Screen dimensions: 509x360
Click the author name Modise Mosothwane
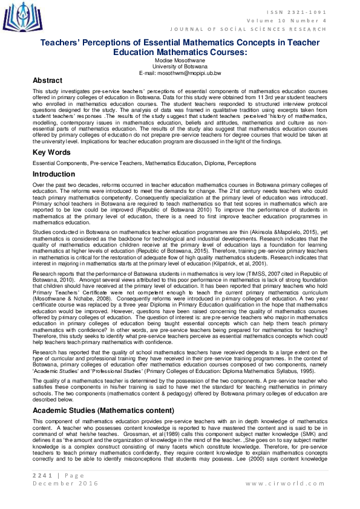tap(180, 61)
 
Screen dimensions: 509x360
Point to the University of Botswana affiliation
tap(180, 66)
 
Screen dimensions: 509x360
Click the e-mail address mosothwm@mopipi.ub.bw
tap(180, 73)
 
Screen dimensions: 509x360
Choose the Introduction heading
tap(54, 174)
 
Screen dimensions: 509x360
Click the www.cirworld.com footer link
tap(286, 484)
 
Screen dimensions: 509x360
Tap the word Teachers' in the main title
tap(66, 43)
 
